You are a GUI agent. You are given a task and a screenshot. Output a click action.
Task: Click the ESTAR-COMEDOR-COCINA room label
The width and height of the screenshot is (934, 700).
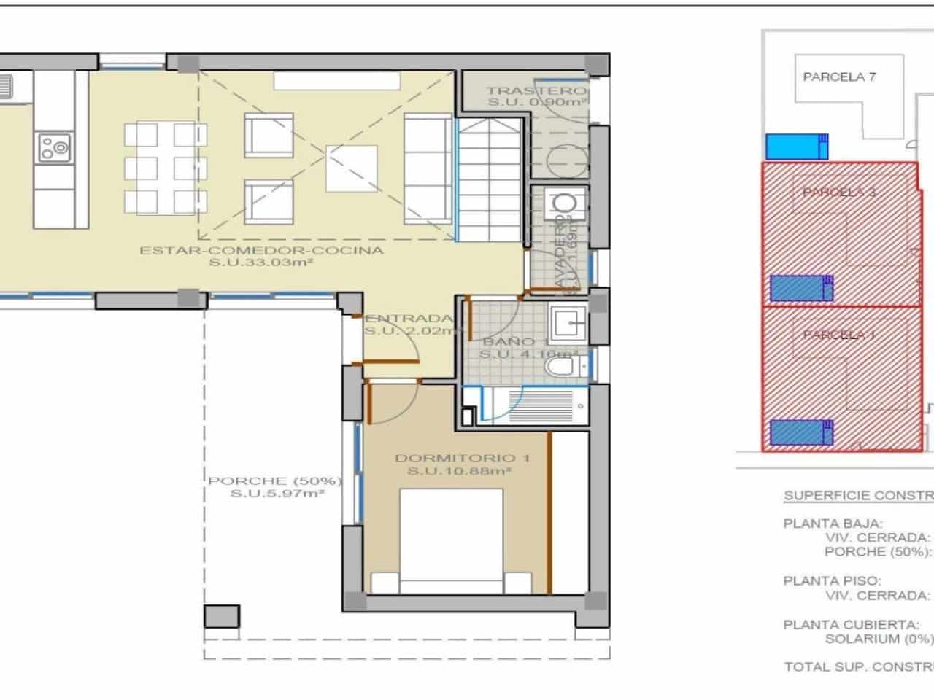click(261, 250)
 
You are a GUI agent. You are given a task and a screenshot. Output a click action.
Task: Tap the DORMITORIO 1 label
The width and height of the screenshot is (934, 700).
click(462, 458)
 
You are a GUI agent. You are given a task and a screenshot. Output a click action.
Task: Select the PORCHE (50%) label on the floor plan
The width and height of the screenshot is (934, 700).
click(274, 481)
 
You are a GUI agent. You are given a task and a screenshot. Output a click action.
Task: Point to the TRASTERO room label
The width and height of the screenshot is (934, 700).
click(537, 91)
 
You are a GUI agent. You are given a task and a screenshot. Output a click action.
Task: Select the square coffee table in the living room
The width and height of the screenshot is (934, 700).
click(351, 167)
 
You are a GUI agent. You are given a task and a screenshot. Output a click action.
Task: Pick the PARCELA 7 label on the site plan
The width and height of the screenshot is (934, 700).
click(839, 77)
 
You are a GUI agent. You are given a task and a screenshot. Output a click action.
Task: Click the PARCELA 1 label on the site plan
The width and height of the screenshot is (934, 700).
click(839, 335)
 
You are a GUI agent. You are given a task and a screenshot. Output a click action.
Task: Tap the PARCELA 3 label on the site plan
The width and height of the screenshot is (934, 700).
click(839, 192)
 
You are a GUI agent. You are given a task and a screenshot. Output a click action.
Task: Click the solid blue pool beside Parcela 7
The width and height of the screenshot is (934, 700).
click(797, 147)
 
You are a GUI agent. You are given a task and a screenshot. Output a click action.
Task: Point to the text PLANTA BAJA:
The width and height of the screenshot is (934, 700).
click(822, 523)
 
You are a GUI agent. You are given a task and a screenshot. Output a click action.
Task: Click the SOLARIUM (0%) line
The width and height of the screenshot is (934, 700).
click(879, 639)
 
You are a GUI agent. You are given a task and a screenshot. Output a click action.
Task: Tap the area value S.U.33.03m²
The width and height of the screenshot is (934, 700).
click(261, 263)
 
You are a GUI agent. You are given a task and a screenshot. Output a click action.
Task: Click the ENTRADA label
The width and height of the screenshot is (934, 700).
click(409, 319)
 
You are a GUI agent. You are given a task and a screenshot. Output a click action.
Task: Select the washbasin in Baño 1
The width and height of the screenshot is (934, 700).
click(568, 319)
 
